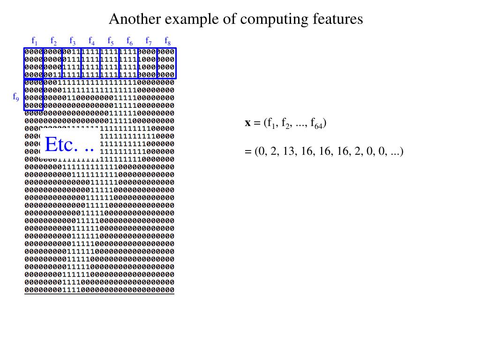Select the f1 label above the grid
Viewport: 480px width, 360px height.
tap(35, 40)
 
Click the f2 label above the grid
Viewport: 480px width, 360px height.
tap(53, 40)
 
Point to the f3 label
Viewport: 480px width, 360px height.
tap(73, 40)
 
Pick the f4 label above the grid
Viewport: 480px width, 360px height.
tap(91, 40)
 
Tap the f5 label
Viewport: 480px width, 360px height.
tap(111, 40)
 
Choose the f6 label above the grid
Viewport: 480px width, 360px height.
tap(129, 40)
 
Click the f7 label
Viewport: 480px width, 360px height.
tap(149, 40)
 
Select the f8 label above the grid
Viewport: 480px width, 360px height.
tap(167, 40)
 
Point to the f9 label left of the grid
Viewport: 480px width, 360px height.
tap(16, 97)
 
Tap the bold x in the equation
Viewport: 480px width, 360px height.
tap(248, 123)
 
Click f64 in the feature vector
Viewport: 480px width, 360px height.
tap(316, 124)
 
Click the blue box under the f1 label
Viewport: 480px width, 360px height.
tap(33, 63)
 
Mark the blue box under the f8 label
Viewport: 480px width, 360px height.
tap(166, 63)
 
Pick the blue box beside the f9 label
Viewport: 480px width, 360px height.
tap(33, 94)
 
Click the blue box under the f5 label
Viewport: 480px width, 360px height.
tap(109, 63)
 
